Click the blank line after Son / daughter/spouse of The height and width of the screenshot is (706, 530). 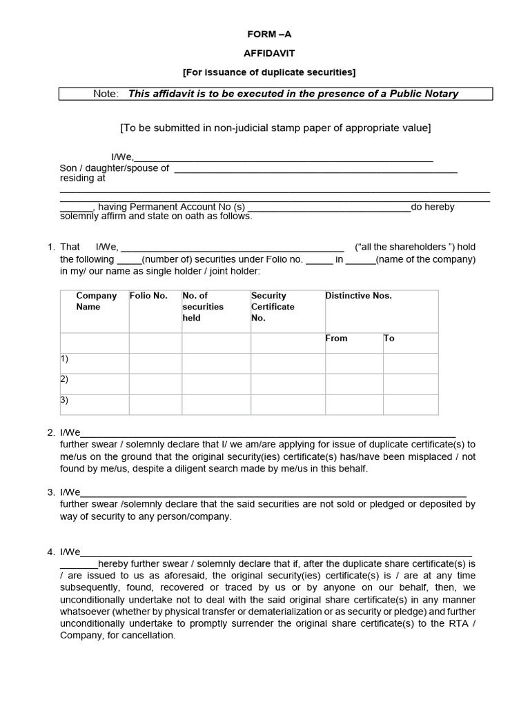[315, 170]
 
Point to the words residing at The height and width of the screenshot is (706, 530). [82, 178]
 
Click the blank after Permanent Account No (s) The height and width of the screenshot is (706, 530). [328, 208]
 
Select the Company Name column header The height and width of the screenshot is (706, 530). [96, 301]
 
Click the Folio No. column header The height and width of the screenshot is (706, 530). [148, 296]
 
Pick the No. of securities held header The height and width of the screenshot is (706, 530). [203, 307]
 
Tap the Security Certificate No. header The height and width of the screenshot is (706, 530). [273, 307]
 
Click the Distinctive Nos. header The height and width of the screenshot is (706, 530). [358, 296]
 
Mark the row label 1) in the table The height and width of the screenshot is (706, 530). [65, 359]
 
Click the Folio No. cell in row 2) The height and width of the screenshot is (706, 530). [155, 383]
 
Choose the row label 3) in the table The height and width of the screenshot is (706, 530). [65, 400]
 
